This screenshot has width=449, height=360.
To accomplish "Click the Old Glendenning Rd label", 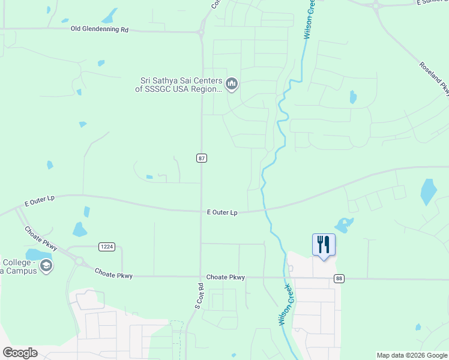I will click(100, 29).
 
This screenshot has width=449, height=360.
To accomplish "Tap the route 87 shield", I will click(202, 158).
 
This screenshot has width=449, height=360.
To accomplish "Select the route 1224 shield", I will click(107, 247).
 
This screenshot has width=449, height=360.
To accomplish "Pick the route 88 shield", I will click(340, 278).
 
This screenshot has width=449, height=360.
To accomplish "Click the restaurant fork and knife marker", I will click(324, 245).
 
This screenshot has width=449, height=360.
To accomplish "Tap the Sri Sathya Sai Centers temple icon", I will click(232, 83).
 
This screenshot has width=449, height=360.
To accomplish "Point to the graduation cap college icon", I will click(46, 266).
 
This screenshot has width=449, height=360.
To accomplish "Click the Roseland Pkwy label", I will click(434, 79).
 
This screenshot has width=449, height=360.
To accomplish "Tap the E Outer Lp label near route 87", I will click(222, 212).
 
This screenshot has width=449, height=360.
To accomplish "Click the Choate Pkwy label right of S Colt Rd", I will click(226, 277).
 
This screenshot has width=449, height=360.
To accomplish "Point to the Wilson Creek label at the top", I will click(309, 20).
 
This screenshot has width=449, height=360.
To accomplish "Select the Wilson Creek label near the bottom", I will click(286, 305).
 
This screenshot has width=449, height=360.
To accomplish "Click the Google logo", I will click(20, 353).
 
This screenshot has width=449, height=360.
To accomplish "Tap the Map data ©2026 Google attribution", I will click(412, 355).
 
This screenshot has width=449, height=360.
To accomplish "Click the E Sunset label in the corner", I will click(432, 3).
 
